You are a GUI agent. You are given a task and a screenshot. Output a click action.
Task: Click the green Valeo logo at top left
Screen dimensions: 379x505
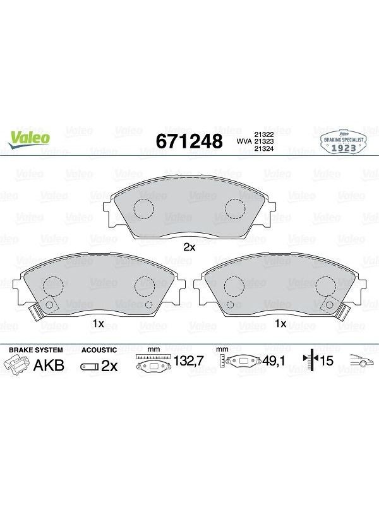click(29, 140)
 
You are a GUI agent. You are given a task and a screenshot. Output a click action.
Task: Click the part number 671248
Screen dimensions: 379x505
click(189, 141)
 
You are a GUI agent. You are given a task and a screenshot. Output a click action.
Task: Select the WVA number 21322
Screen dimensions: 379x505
click(264, 134)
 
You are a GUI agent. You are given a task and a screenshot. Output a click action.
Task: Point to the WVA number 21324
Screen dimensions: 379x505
click(264, 148)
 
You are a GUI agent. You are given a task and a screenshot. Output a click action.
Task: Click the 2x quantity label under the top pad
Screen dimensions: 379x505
click(189, 247)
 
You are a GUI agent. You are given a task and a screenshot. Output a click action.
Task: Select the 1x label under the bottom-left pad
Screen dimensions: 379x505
click(98, 323)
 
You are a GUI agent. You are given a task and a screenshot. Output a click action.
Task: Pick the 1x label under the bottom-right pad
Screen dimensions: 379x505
click(280, 323)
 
